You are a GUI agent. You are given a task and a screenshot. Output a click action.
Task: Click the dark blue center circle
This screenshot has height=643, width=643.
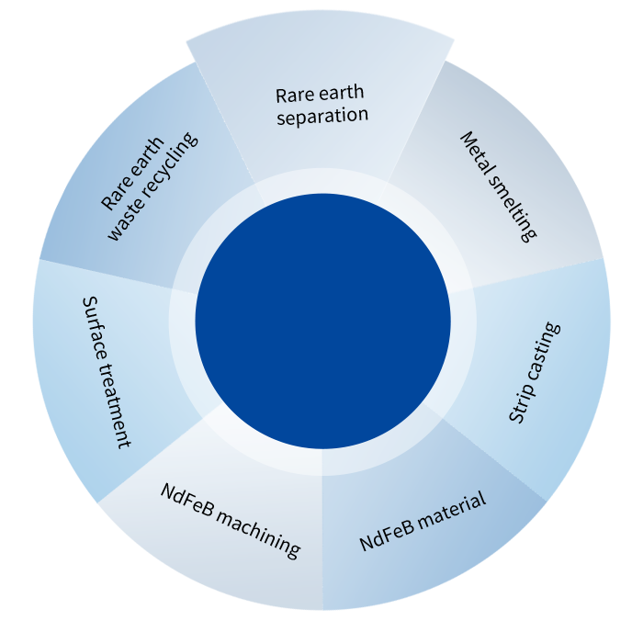[322, 321]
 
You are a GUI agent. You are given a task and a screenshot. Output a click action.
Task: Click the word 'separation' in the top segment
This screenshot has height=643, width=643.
[321, 117]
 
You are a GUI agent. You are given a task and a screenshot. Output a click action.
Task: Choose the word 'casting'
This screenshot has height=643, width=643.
[543, 352]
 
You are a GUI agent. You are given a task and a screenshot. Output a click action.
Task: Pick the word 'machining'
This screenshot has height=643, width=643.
[258, 531]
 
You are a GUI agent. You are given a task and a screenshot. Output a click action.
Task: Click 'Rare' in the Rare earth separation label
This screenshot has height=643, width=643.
[293, 96]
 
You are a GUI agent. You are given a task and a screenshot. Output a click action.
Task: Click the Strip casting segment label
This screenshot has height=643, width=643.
[534, 372]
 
